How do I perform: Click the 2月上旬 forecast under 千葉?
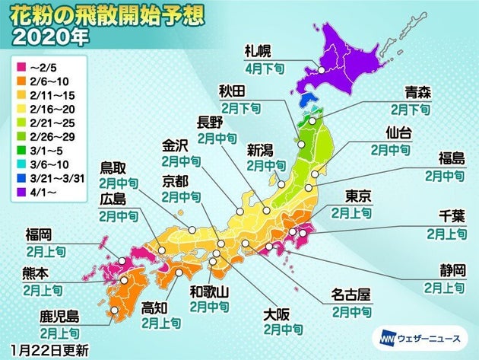447,233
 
